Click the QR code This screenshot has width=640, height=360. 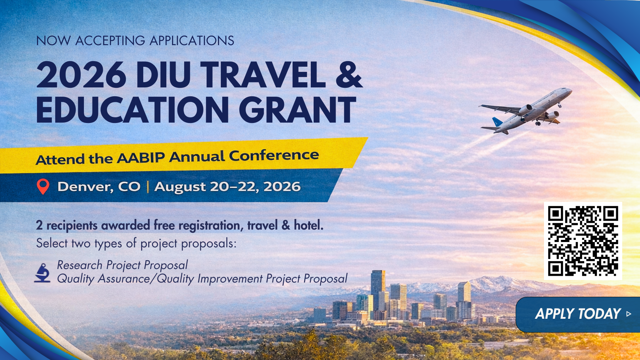[583, 241]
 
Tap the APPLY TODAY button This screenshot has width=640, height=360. [578, 315]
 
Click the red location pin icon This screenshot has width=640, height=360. [43, 187]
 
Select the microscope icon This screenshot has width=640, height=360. [42, 273]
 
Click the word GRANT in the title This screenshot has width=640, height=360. [297, 110]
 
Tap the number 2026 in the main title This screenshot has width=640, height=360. [81, 75]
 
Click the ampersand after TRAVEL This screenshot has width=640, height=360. [349, 75]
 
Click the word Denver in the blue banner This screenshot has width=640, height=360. [85, 187]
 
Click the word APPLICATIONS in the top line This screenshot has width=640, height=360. [192, 41]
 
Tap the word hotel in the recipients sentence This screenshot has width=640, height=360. [309, 225]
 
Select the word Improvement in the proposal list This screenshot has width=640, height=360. [230, 279]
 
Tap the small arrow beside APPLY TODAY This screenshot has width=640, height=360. [629, 314]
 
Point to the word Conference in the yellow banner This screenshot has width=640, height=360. [274, 155]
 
